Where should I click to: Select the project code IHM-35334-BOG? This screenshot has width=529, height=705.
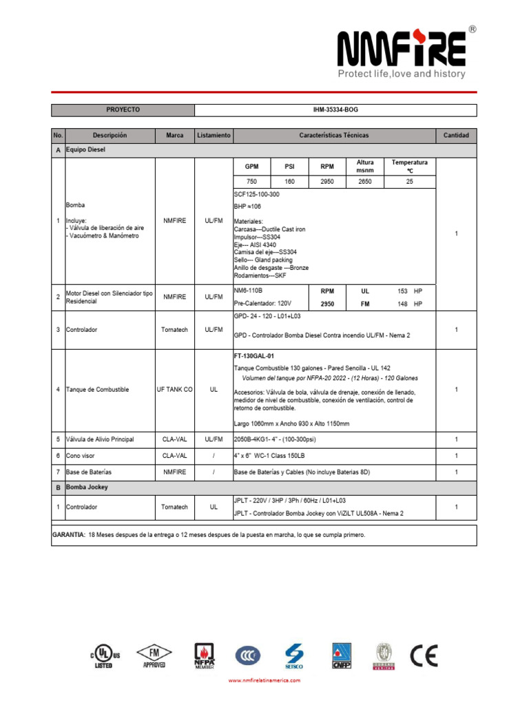click(x=335, y=109)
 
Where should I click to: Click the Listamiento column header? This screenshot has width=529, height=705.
click(x=214, y=136)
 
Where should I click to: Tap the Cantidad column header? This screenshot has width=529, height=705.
click(x=456, y=136)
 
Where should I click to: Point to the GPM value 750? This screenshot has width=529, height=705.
click(x=251, y=182)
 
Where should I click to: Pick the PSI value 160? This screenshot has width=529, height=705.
click(x=289, y=182)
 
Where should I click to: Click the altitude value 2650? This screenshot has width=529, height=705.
click(x=365, y=182)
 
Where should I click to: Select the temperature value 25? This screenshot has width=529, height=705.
click(x=409, y=182)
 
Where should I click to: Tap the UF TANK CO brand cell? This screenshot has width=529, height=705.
click(x=175, y=390)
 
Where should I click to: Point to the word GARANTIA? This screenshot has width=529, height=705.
click(x=69, y=535)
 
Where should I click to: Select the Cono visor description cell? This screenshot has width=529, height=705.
click(x=81, y=456)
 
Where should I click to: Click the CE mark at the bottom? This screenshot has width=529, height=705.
click(x=424, y=655)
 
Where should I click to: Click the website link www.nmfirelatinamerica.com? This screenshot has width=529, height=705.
click(x=264, y=680)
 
